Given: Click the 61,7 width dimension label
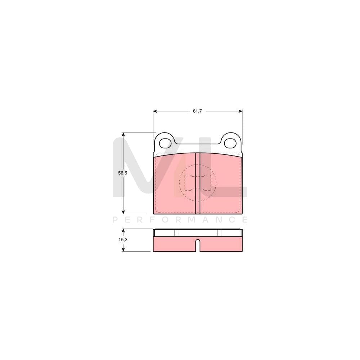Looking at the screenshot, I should tap(197, 111).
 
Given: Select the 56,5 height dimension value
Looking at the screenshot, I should tap(123, 173).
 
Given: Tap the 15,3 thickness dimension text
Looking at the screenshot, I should tap(123, 240).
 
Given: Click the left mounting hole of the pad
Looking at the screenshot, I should tap(165, 143).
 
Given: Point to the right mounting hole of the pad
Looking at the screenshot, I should tap(230, 143).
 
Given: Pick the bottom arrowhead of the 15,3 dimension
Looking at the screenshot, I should tap(123, 249).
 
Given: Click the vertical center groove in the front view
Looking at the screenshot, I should tap(198, 184).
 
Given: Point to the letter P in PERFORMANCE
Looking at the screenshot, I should tap(115, 219).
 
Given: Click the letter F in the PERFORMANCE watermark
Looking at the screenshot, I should tap(154, 219).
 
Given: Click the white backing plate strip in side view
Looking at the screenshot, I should tap(198, 233).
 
